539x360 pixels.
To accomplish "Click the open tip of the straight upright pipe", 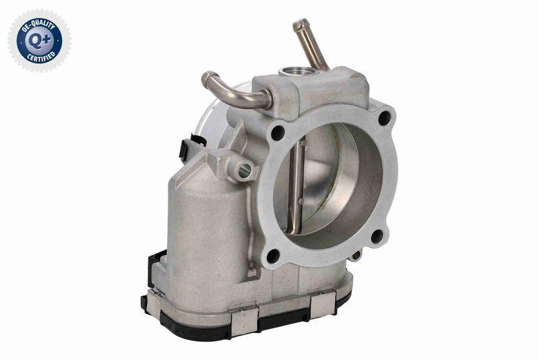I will point(298,24).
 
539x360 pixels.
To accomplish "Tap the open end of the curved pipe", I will point(207,79).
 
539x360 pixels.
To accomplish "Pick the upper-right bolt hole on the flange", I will point(384,118).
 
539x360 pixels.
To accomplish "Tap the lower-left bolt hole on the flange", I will point(272,256).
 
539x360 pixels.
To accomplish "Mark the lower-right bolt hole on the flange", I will point(377,236).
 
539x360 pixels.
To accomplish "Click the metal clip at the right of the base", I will point(321,307).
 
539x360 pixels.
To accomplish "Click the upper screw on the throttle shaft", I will point(302,143).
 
